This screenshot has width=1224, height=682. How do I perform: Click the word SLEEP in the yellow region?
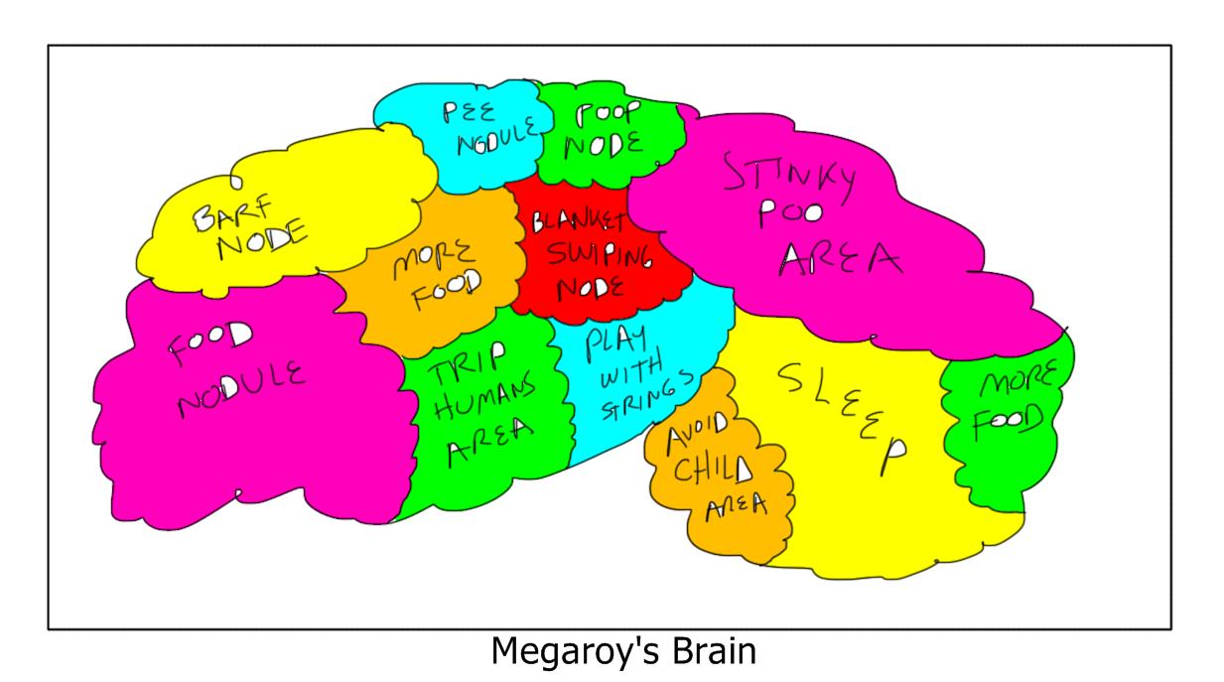coord(842,409)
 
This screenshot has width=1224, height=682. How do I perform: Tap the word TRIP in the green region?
coord(469,367)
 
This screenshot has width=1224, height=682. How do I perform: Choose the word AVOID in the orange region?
coord(696,433)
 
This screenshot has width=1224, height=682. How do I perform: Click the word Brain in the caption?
coord(711,652)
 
